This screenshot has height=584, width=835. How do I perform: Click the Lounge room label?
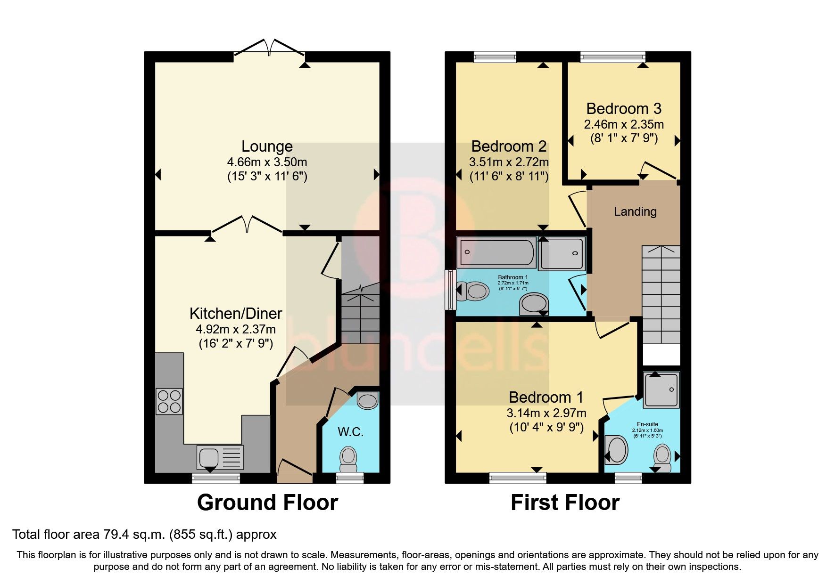[x=267, y=146]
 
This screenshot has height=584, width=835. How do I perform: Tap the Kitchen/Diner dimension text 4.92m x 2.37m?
[x=236, y=329]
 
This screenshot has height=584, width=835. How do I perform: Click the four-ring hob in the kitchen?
[x=169, y=402]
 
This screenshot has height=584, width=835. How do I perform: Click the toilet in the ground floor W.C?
[x=348, y=459]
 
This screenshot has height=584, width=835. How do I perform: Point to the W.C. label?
[x=350, y=432]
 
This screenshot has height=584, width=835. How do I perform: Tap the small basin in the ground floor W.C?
[x=367, y=401]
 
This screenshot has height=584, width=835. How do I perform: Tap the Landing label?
[x=635, y=211]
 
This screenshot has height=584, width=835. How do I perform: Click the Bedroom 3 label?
[x=623, y=109]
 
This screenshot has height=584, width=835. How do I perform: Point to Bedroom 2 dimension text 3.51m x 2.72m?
[x=509, y=162]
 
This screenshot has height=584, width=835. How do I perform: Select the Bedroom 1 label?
[x=546, y=397]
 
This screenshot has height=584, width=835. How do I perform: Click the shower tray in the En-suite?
[x=661, y=389]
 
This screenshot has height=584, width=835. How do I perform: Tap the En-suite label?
[x=647, y=424]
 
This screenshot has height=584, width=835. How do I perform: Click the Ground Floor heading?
[x=267, y=503]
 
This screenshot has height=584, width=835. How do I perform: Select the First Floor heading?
[x=565, y=503]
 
